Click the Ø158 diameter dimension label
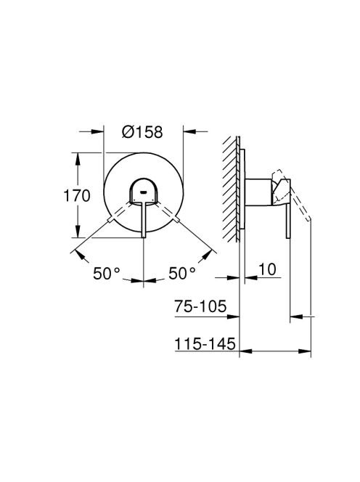click(142, 132)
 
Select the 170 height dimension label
click(76, 196)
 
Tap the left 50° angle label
click(107, 273)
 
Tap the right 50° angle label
click(181, 273)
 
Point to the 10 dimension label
click(268, 269)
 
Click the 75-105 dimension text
click(200, 306)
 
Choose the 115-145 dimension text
click(205, 343)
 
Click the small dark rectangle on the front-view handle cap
click(143, 193)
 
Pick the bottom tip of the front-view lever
click(144, 237)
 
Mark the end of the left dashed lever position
click(110, 220)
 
